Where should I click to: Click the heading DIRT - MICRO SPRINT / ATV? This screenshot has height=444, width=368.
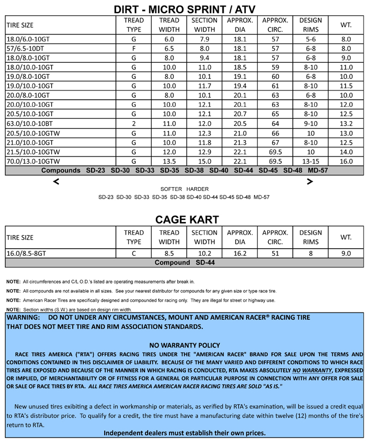184,9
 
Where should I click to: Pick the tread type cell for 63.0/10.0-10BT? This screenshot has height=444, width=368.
134,124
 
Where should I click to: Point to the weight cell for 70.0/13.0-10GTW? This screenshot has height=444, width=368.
346,161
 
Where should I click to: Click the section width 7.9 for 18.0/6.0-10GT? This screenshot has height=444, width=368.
204,39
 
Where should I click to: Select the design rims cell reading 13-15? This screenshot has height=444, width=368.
310,161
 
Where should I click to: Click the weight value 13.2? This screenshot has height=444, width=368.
346,124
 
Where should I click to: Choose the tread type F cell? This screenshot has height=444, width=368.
134,49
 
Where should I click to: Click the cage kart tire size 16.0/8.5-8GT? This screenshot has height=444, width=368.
26,253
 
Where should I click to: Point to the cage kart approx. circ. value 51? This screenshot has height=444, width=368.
275,253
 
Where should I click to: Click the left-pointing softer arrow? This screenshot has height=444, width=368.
56,182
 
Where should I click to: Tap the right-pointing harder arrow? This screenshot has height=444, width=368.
310,182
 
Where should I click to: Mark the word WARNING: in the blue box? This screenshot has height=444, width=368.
24,317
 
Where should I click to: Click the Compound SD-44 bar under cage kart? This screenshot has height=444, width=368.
184,262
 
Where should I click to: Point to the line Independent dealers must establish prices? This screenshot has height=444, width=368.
184,433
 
